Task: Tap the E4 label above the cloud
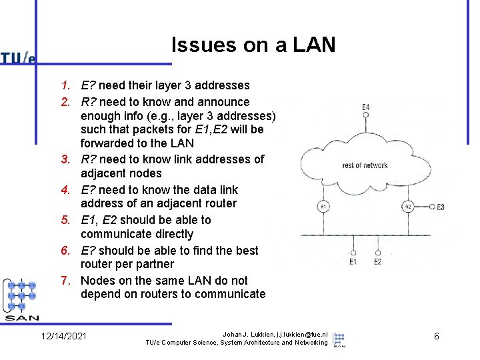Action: [366, 107]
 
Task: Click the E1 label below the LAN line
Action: [353, 262]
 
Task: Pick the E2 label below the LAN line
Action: [377, 262]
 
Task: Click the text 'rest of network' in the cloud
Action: [364, 165]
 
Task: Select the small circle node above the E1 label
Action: [353, 253]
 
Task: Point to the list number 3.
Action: [65, 159]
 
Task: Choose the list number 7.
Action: [65, 281]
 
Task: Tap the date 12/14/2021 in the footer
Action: [63, 336]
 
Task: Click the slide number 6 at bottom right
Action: [436, 336]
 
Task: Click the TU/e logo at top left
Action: [18, 58]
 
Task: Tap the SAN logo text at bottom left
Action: [21, 317]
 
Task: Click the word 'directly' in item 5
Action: [170, 234]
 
